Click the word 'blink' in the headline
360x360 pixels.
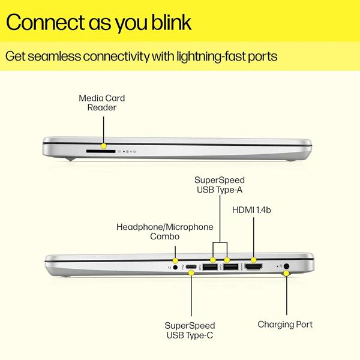point(171,22)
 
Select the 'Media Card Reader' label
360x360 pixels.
point(102,103)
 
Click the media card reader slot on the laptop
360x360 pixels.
point(101,151)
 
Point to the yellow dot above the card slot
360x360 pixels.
point(104,146)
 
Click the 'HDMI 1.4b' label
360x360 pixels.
point(251,210)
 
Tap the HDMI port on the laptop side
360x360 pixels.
point(254,267)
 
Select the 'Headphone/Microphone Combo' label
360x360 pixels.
point(164,232)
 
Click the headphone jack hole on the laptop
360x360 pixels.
point(175,267)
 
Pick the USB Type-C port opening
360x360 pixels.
point(191,267)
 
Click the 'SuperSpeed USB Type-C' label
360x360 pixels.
point(190,331)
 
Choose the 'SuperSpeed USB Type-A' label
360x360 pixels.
point(220,185)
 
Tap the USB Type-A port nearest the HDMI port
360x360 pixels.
point(231,267)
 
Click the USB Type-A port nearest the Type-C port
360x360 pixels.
point(210,267)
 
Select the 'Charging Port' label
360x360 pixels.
point(285,325)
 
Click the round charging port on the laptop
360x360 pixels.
point(286,266)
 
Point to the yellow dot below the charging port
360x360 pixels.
point(286,274)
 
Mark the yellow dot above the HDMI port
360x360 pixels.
point(253,260)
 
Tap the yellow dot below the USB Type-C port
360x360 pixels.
point(191,273)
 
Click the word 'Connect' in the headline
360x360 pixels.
point(46,22)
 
